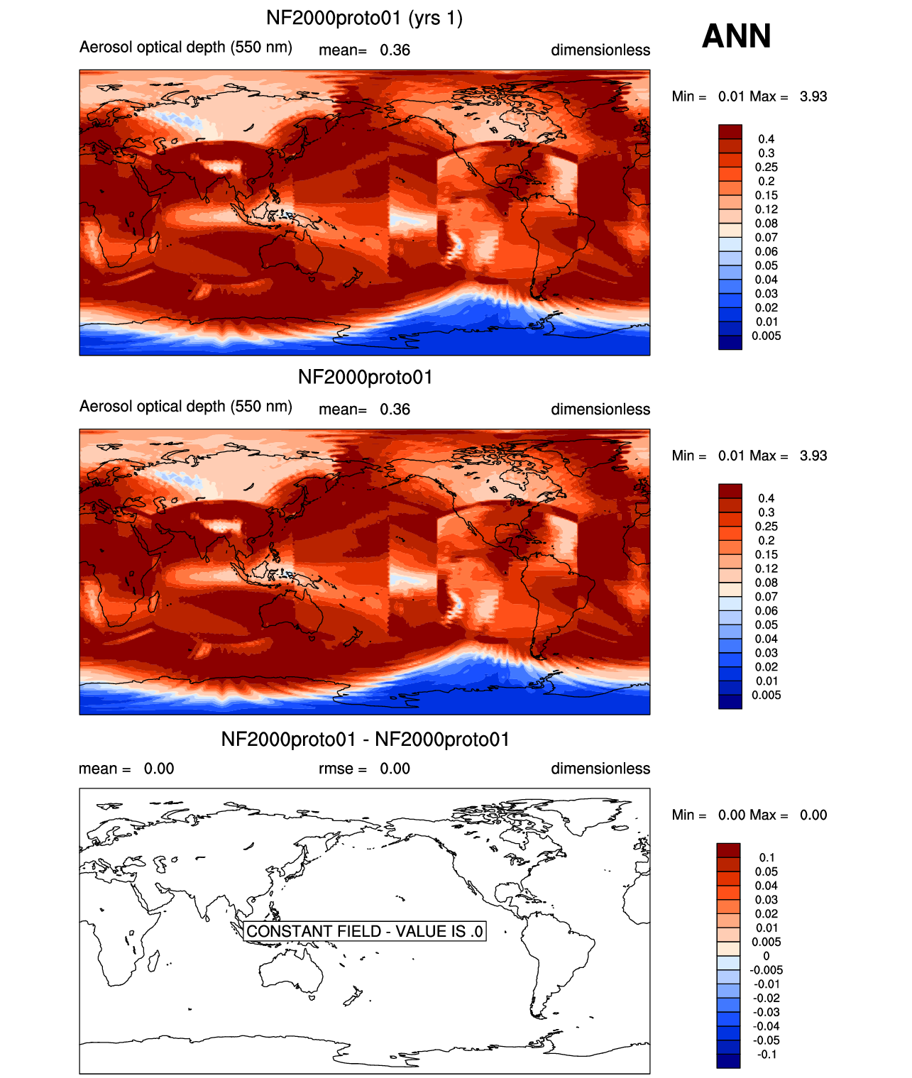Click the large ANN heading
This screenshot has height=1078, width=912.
point(736,35)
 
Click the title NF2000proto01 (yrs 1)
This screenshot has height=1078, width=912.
point(364,18)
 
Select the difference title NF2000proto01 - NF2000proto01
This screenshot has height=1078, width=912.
point(365,739)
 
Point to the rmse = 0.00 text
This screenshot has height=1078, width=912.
point(364,768)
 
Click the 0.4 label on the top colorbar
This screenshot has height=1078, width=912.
point(766,139)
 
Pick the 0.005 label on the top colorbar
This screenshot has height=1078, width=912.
point(766,336)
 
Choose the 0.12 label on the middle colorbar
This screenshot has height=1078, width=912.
point(766,568)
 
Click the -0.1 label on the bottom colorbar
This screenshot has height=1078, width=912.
point(767,1054)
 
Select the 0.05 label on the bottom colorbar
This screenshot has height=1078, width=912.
point(766,871)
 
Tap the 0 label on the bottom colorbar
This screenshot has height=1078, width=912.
point(766,956)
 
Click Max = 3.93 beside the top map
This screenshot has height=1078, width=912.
point(788,97)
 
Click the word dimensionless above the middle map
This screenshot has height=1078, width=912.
point(600,409)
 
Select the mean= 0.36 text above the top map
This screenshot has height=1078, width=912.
point(364,50)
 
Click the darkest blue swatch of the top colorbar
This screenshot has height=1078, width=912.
point(730,343)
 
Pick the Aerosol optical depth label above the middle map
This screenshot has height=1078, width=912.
point(186,406)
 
